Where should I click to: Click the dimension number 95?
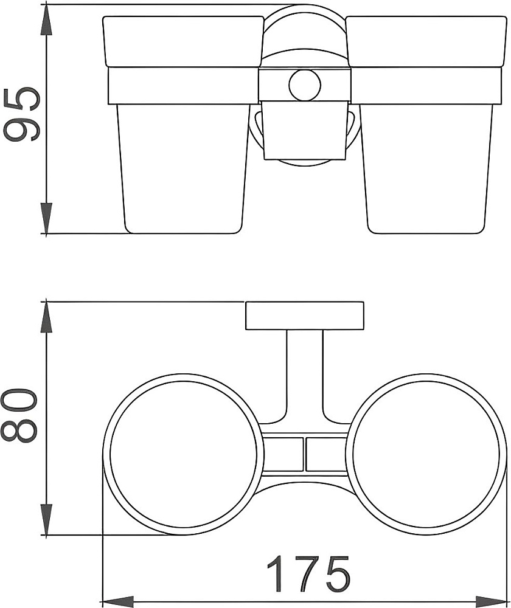(x=22, y=114)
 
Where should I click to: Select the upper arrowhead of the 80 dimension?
(x=46, y=317)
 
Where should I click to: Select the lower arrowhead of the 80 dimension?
(x=46, y=519)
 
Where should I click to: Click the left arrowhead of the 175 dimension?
(x=119, y=601)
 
